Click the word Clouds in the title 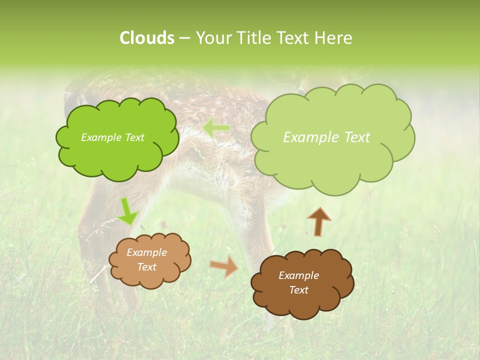point(146,38)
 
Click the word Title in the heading point(253,38)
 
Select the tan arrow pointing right point(224,267)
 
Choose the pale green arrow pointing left point(217,128)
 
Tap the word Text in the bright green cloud point(134,137)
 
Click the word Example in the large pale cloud point(311,137)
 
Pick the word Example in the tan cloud point(147,252)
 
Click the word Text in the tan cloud point(147,267)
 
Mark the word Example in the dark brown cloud point(298,275)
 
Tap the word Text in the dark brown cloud point(298,290)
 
